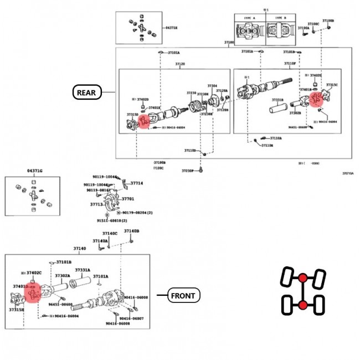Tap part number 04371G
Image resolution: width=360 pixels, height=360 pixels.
point(35,171)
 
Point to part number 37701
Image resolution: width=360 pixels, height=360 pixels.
point(128,198)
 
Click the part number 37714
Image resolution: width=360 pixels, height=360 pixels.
point(136,183)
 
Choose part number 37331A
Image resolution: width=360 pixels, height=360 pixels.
point(83,270)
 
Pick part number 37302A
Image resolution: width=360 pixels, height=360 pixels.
point(62,275)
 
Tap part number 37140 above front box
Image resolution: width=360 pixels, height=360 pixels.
point(80,249)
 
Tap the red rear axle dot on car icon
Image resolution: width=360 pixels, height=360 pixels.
point(302,305)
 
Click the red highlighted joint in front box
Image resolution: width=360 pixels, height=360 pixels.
point(32,294)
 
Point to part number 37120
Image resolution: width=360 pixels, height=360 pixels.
point(180,65)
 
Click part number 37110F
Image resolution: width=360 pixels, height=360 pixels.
point(290,64)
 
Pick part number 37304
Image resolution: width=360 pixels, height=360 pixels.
point(212,86)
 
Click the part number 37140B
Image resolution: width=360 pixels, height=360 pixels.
point(132,231)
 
